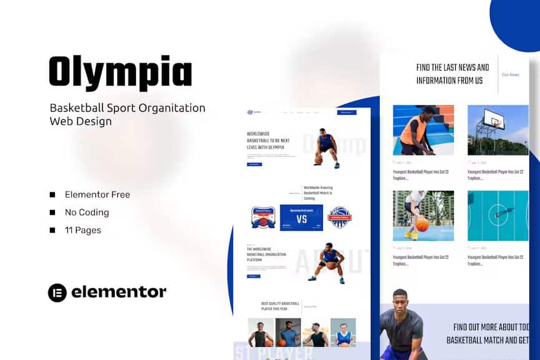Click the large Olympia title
pos(120,72)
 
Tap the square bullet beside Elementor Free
pos(52,195)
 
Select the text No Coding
pos(87,212)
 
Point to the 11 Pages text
pos(82,230)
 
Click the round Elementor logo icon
pos(57,292)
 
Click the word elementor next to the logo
pos(118,292)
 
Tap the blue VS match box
pos(301,218)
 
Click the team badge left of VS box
pos(263,217)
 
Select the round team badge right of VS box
pos(340,217)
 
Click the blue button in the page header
pos(346,112)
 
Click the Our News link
pos(510,75)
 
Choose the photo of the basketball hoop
pos(498,130)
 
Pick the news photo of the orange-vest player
pos(423,130)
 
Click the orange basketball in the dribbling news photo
pos(422,225)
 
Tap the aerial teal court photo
pos(498,216)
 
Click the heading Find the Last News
pos(452,74)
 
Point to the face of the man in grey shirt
pos(400,300)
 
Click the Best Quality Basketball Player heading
pos(280,306)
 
